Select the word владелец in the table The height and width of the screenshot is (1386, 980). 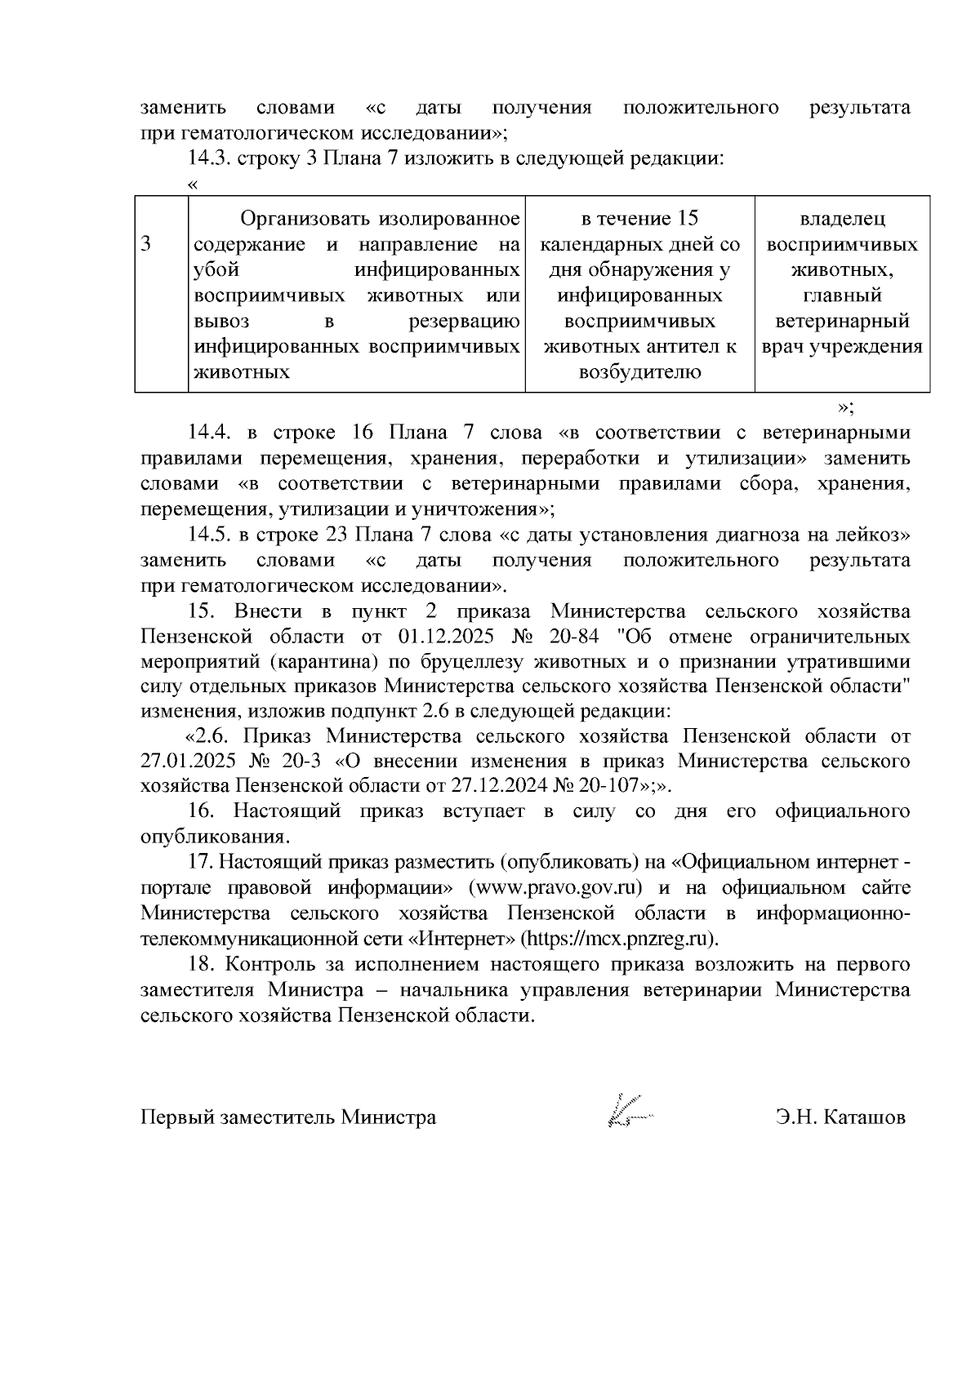tap(842, 219)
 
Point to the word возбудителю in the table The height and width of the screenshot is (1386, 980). tap(639, 372)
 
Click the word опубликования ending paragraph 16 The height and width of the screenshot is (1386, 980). tap(215, 837)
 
